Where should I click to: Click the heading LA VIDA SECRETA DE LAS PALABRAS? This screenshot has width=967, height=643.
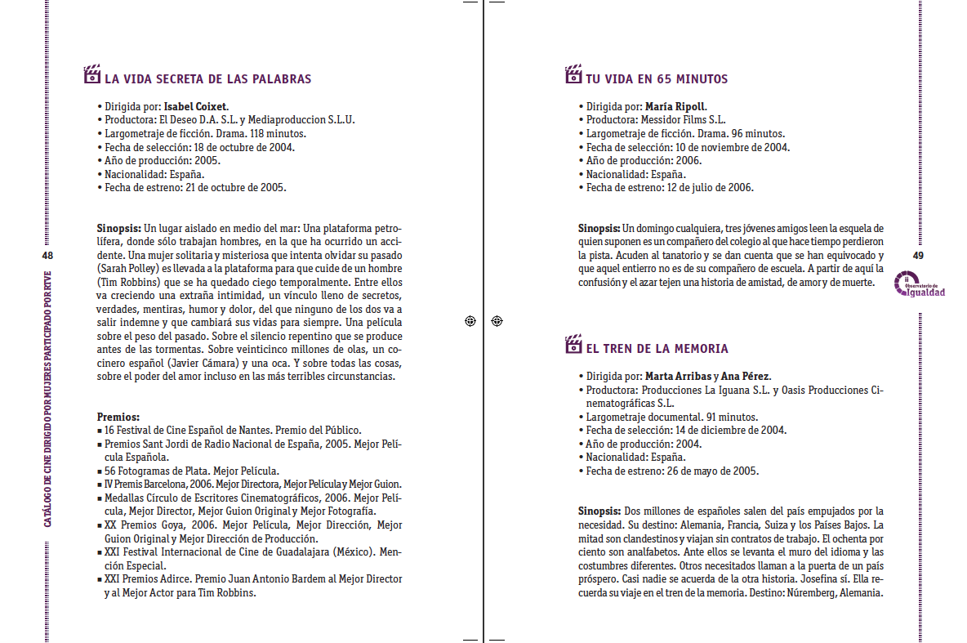[x=207, y=79]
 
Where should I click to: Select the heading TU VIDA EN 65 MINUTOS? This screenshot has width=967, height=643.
[x=656, y=79]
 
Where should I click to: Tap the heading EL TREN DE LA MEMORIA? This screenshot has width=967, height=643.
[x=657, y=349]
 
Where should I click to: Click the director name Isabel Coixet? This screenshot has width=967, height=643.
[x=195, y=106]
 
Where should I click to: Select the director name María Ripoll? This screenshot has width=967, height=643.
[x=675, y=106]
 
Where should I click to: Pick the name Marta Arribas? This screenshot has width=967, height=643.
[x=677, y=377]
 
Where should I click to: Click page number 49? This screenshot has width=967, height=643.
[x=918, y=256]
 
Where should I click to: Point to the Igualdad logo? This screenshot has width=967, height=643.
[x=920, y=285]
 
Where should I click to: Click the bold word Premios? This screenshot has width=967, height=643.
[x=118, y=416]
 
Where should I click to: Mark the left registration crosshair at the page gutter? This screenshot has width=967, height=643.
[x=470, y=321]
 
